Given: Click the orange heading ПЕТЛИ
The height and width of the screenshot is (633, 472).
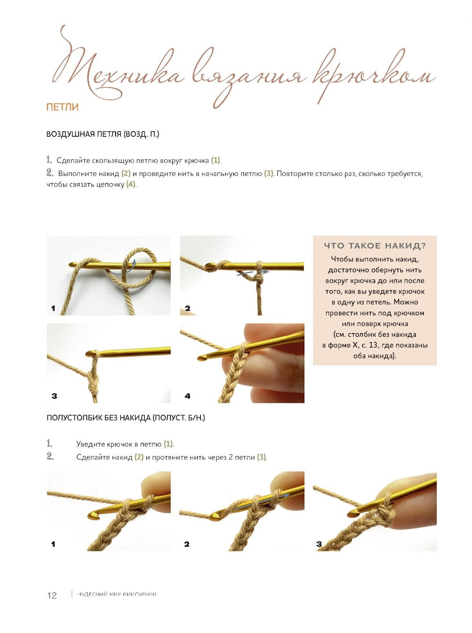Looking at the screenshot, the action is point(62,107).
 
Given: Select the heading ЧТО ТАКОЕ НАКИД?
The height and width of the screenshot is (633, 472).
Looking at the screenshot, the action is point(375,246).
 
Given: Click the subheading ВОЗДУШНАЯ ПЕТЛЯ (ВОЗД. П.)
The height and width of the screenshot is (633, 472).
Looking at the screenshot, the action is point(102,134).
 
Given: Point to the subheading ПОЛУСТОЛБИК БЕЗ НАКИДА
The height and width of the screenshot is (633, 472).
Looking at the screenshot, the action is point(99,418).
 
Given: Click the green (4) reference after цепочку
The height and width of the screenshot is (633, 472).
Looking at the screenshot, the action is point(131,184).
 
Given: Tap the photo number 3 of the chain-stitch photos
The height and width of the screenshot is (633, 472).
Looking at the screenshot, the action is point(54,396).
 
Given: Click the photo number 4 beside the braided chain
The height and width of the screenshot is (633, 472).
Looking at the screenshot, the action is point(187,396).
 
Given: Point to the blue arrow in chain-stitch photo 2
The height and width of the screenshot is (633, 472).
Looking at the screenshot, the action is point(253,273).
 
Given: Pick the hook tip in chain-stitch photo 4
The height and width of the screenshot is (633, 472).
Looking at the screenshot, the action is point(202,358).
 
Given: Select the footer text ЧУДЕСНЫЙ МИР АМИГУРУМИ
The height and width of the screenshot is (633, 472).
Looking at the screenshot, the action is point(117,594).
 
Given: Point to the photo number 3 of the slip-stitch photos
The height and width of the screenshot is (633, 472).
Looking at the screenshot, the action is point(319,544).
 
